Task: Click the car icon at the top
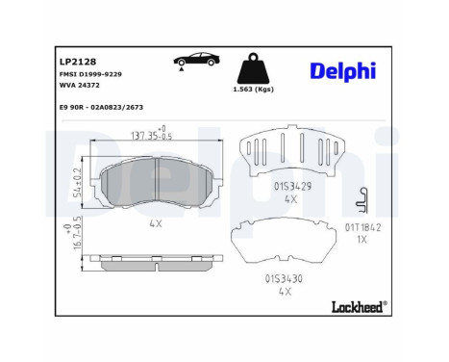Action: pos(196,60)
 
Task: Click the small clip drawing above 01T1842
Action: pos(362,199)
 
